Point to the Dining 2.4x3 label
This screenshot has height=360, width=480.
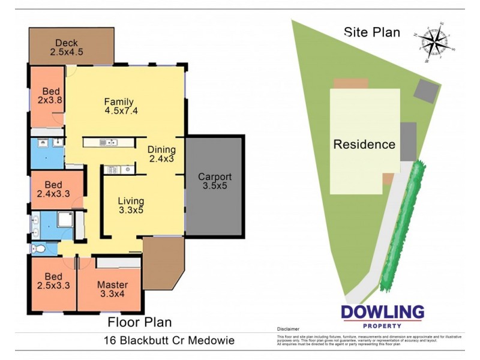click(162, 154)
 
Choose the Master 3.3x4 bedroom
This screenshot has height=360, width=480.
click(112, 289)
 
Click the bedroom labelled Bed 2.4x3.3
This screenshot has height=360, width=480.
click(53, 190)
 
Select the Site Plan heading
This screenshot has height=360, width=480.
click(372, 32)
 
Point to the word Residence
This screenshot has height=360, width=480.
click(364, 145)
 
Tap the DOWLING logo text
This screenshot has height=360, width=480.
click(382, 313)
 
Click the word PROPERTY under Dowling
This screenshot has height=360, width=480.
click(382, 326)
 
